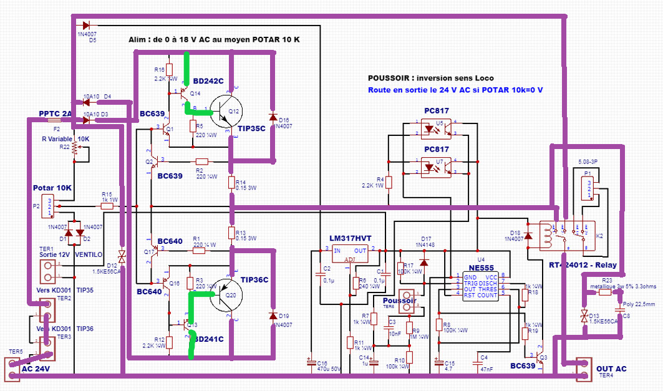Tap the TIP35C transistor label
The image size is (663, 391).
[251, 128]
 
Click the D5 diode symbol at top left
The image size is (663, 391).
[87, 25]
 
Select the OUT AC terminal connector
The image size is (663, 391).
[583, 369]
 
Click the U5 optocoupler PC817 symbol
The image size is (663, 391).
[436, 130]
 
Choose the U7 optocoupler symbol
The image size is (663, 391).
[436, 167]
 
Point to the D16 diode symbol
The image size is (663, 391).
[273, 117]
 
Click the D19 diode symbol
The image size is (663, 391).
[273, 316]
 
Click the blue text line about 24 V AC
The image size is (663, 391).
[455, 90]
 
